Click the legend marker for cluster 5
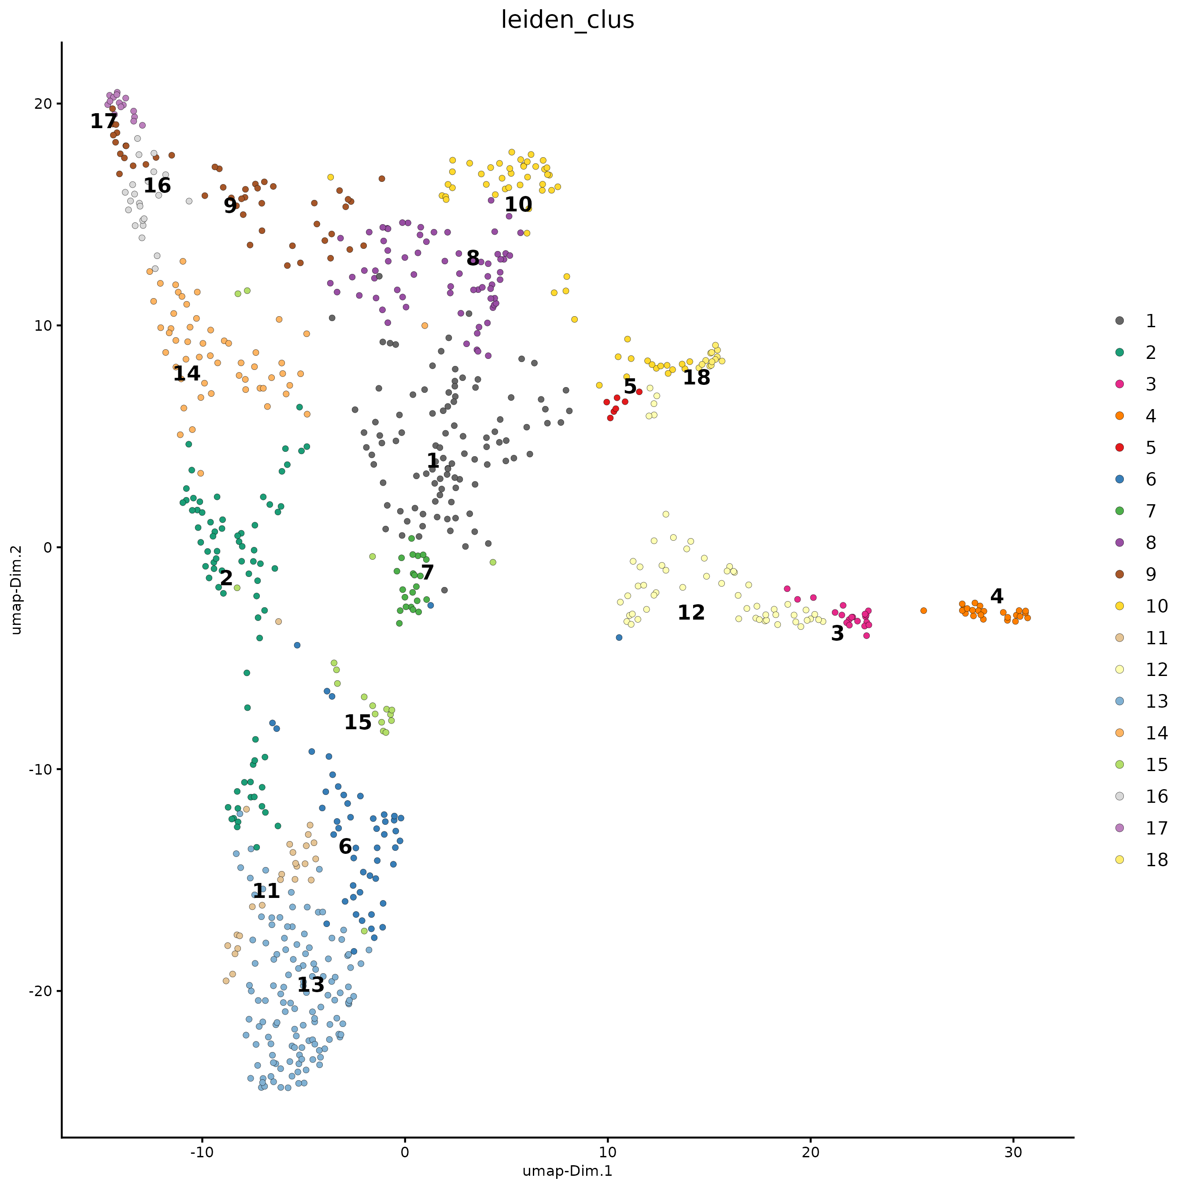(x=1119, y=447)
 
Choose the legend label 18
(x=1156, y=860)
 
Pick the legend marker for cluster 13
(x=1119, y=701)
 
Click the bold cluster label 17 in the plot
(x=103, y=121)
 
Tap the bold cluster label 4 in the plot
(x=997, y=596)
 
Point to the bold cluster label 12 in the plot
(x=691, y=613)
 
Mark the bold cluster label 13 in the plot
(x=311, y=985)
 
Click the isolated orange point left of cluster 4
(x=923, y=610)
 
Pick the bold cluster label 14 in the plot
(x=186, y=373)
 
